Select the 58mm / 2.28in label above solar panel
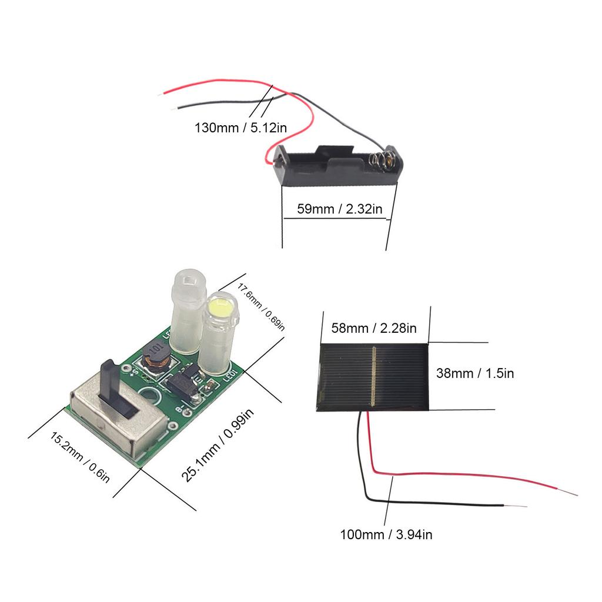374,327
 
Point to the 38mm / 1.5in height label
475,373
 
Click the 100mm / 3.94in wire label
386,534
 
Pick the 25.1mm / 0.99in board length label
217,446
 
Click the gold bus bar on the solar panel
373,376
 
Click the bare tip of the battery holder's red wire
163,94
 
